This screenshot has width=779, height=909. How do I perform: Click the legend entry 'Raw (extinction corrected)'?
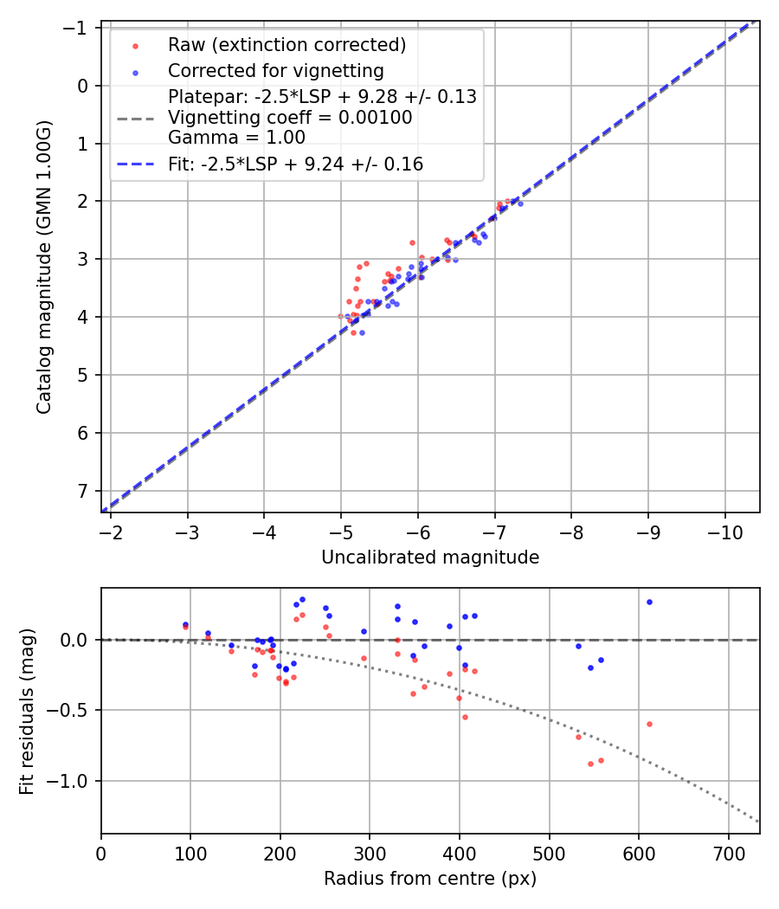click(286, 45)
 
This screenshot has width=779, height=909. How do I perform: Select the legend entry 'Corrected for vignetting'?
click(275, 70)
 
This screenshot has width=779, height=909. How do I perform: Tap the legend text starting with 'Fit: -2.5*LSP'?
click(295, 164)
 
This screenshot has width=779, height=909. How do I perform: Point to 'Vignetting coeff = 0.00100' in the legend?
click(290, 118)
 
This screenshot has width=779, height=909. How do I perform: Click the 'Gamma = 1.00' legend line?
click(236, 138)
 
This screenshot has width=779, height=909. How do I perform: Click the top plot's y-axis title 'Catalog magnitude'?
click(44, 267)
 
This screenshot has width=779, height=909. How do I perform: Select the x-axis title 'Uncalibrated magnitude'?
click(430, 558)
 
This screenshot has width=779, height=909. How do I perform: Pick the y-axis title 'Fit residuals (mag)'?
click(27, 711)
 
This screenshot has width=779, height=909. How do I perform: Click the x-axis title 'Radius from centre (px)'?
click(430, 879)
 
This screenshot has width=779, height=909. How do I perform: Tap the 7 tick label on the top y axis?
click(82, 491)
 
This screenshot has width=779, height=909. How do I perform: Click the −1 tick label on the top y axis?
click(78, 28)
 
